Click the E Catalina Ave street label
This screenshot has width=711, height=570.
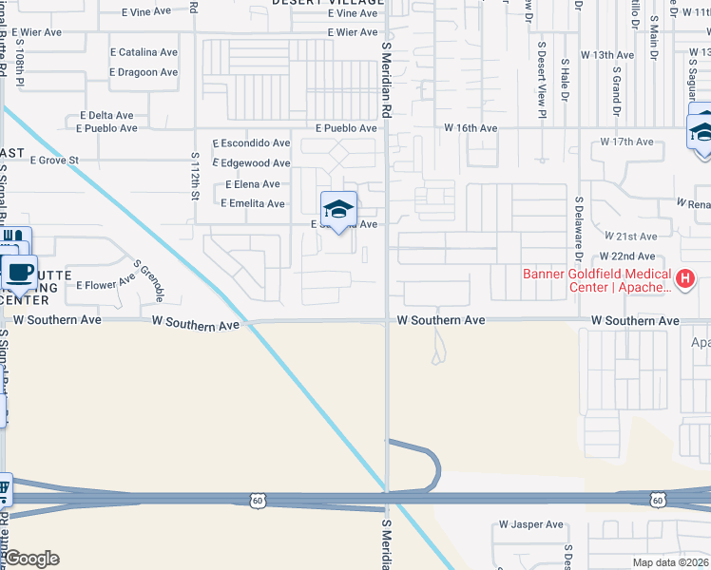pos(144,52)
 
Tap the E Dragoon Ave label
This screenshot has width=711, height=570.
pos(144,72)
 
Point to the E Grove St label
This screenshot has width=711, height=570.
pos(54,161)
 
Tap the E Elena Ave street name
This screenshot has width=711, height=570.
pos(252,184)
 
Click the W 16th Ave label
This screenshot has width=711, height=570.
pos(471,127)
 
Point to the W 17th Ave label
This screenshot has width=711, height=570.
pos(626,142)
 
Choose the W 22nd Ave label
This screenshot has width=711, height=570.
pos(627,256)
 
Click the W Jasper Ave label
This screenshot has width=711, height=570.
pos(531,524)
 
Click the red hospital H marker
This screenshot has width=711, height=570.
pos(684,277)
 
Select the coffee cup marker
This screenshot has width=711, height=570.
pos(18,272)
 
